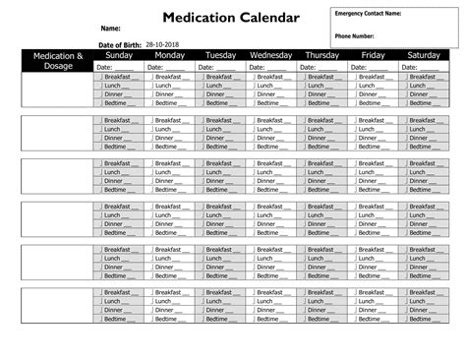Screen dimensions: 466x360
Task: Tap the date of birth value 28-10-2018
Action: tap(163, 44)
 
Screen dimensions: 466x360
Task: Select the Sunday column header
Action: tap(119, 56)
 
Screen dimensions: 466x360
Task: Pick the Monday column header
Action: tap(170, 56)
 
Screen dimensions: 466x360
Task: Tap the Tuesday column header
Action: tap(220, 56)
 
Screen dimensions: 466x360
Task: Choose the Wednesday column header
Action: tap(272, 56)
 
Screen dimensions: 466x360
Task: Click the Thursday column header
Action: tap(322, 56)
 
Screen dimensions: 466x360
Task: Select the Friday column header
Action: tap(374, 56)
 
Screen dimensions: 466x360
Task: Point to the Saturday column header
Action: tap(424, 56)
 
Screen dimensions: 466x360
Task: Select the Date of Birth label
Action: tap(119, 44)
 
